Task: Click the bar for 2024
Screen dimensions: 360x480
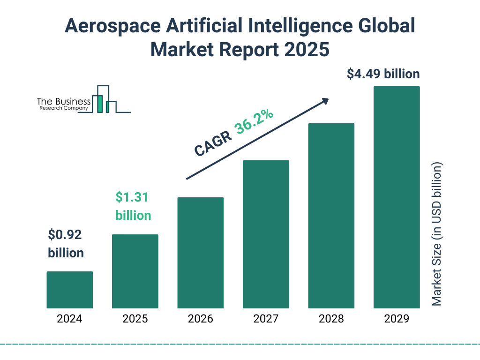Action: (69, 290)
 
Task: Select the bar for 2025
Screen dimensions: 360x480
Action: (135, 271)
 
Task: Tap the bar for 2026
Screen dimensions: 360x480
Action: (200, 253)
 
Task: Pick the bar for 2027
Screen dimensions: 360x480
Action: (266, 234)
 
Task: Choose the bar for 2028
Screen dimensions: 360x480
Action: (331, 216)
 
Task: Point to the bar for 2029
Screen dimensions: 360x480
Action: (397, 197)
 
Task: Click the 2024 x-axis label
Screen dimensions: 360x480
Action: (69, 319)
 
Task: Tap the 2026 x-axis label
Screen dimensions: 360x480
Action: (200, 319)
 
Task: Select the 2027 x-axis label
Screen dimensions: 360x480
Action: (266, 319)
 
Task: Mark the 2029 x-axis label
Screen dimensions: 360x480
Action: (397, 319)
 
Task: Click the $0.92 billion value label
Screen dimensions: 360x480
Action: (66, 244)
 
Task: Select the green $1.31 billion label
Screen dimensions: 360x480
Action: (133, 206)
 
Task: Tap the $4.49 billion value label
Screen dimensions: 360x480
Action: (383, 74)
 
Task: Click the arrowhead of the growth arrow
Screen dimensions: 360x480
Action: (325, 100)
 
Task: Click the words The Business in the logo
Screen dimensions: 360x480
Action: (64, 102)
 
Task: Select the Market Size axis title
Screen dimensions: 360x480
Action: (437, 234)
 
